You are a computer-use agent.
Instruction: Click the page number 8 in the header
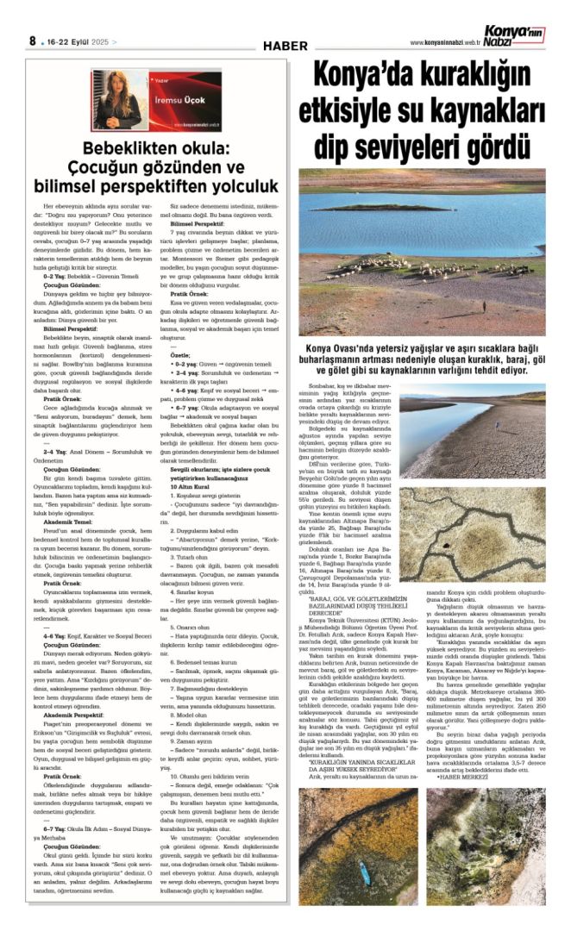(32, 41)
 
